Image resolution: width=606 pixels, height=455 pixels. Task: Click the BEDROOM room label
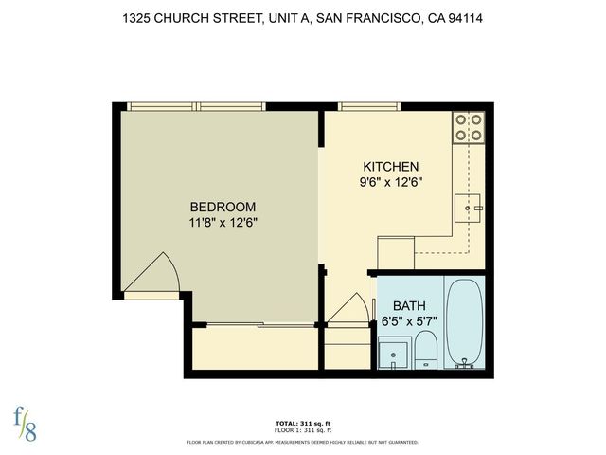point(223,207)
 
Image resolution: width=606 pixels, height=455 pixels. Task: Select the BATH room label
point(409,305)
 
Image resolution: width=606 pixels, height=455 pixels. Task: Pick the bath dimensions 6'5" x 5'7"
point(409,320)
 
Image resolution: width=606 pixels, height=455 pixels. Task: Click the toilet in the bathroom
point(425,351)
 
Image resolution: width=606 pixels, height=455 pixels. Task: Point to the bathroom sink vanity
point(392,355)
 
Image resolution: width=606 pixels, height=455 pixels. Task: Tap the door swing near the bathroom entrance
point(353,309)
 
